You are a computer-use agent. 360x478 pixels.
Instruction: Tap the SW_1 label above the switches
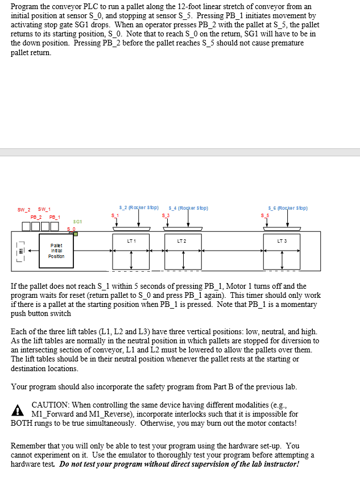(x=44, y=209)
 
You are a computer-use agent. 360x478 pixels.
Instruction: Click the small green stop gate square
(x=76, y=233)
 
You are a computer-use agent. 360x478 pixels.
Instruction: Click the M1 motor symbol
(x=22, y=251)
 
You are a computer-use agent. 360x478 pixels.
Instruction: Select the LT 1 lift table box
(x=131, y=251)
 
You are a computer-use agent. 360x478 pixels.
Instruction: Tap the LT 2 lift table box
(x=183, y=251)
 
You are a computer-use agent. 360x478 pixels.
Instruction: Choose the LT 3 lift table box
(x=282, y=251)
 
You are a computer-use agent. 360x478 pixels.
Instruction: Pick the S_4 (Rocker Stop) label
(x=188, y=208)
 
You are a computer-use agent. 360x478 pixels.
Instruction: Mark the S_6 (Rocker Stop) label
(x=288, y=208)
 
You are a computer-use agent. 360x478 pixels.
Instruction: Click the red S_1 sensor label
(x=116, y=215)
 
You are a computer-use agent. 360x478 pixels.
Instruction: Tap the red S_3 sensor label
(x=166, y=215)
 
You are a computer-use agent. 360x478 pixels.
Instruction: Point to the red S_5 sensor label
(x=264, y=215)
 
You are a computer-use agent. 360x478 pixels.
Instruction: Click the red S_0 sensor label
(x=71, y=228)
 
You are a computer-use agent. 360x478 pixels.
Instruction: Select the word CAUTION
(x=52, y=404)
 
